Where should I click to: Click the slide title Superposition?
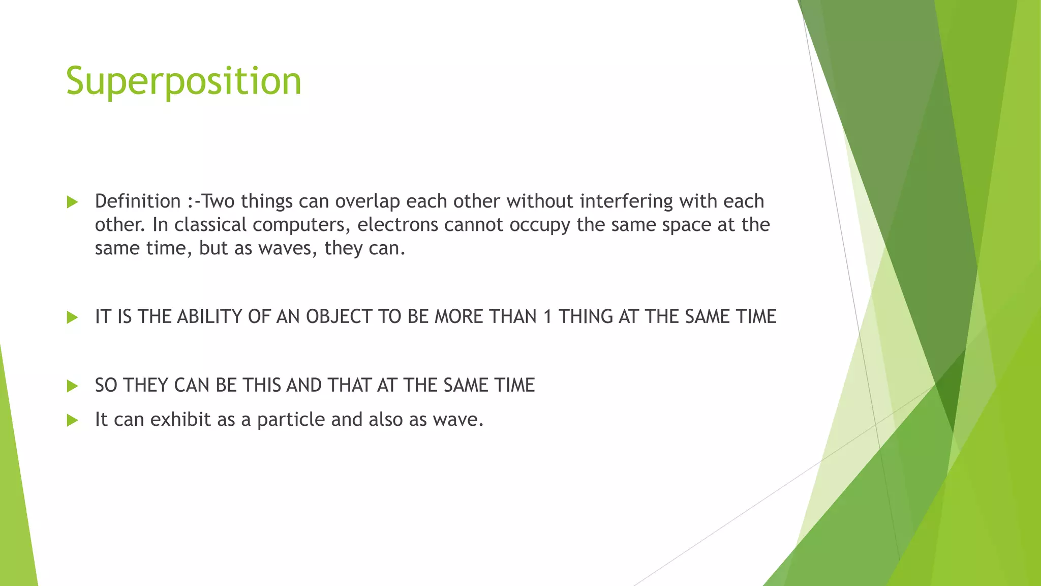pyautogui.click(x=183, y=81)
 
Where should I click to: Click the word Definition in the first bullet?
pyautogui.click(x=138, y=201)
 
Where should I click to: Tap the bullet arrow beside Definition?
pyautogui.click(x=73, y=202)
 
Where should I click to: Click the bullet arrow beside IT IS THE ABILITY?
pyautogui.click(x=73, y=318)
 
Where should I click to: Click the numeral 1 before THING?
pyautogui.click(x=547, y=317)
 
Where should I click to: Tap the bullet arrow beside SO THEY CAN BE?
pyautogui.click(x=73, y=387)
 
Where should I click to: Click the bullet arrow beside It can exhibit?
pyautogui.click(x=73, y=421)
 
